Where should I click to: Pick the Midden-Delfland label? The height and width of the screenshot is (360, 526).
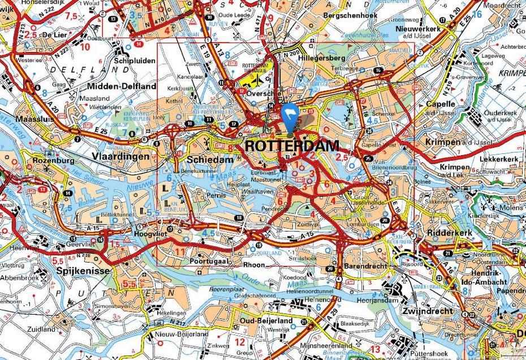(x=122, y=86)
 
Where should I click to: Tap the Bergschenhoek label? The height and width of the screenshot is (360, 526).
(x=348, y=16)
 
